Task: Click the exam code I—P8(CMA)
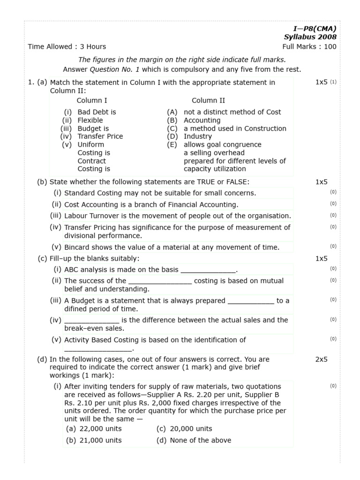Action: click(x=315, y=28)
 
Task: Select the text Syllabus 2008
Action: click(x=310, y=37)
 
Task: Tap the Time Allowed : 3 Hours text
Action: click(x=67, y=46)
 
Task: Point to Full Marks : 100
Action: click(x=309, y=46)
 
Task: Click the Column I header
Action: click(x=92, y=100)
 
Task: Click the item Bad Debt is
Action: click(x=97, y=112)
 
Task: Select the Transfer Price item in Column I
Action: click(x=100, y=136)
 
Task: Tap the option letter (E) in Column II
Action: click(x=172, y=144)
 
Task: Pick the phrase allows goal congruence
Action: click(x=222, y=144)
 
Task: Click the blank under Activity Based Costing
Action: click(x=98, y=349)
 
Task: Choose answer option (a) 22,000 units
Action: click(x=93, y=428)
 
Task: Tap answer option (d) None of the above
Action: click(x=194, y=440)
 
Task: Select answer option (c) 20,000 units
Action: click(x=184, y=428)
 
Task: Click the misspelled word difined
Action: click(x=77, y=309)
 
